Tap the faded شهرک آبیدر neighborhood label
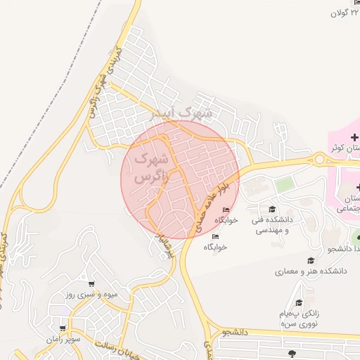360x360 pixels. (x=186, y=112)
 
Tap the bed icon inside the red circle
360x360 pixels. (x=226, y=210)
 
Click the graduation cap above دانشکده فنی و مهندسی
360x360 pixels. (x=272, y=209)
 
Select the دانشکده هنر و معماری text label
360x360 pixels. (x=310, y=271)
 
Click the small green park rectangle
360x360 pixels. (x=284, y=185)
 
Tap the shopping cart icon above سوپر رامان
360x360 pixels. (x=63, y=328)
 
